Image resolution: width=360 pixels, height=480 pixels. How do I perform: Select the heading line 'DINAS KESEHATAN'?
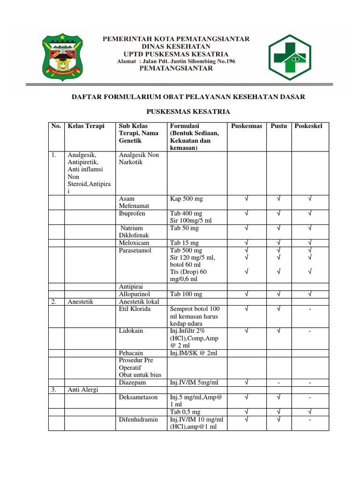[x=176, y=46]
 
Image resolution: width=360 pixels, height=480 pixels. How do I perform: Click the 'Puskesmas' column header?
[x=247, y=127]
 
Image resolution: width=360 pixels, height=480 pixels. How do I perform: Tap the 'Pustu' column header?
[x=279, y=127]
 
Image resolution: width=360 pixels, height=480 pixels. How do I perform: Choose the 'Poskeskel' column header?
[x=308, y=127]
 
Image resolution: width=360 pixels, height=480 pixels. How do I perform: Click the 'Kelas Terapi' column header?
[x=86, y=127]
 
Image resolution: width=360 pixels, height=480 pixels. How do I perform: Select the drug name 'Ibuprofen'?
[x=132, y=213]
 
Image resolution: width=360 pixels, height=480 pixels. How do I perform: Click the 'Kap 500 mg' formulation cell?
[x=186, y=199]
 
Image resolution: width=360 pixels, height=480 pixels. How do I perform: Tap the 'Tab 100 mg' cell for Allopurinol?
[x=186, y=294]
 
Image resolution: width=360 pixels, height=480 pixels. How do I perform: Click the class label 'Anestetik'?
[x=81, y=301]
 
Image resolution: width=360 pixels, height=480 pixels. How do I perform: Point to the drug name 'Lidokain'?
[x=131, y=330]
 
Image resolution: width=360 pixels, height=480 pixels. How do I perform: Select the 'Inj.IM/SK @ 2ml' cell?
[x=192, y=352]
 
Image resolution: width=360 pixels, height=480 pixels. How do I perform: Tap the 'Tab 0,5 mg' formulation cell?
[x=185, y=412]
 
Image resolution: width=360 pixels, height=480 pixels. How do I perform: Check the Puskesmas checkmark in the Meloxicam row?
[x=246, y=243]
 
